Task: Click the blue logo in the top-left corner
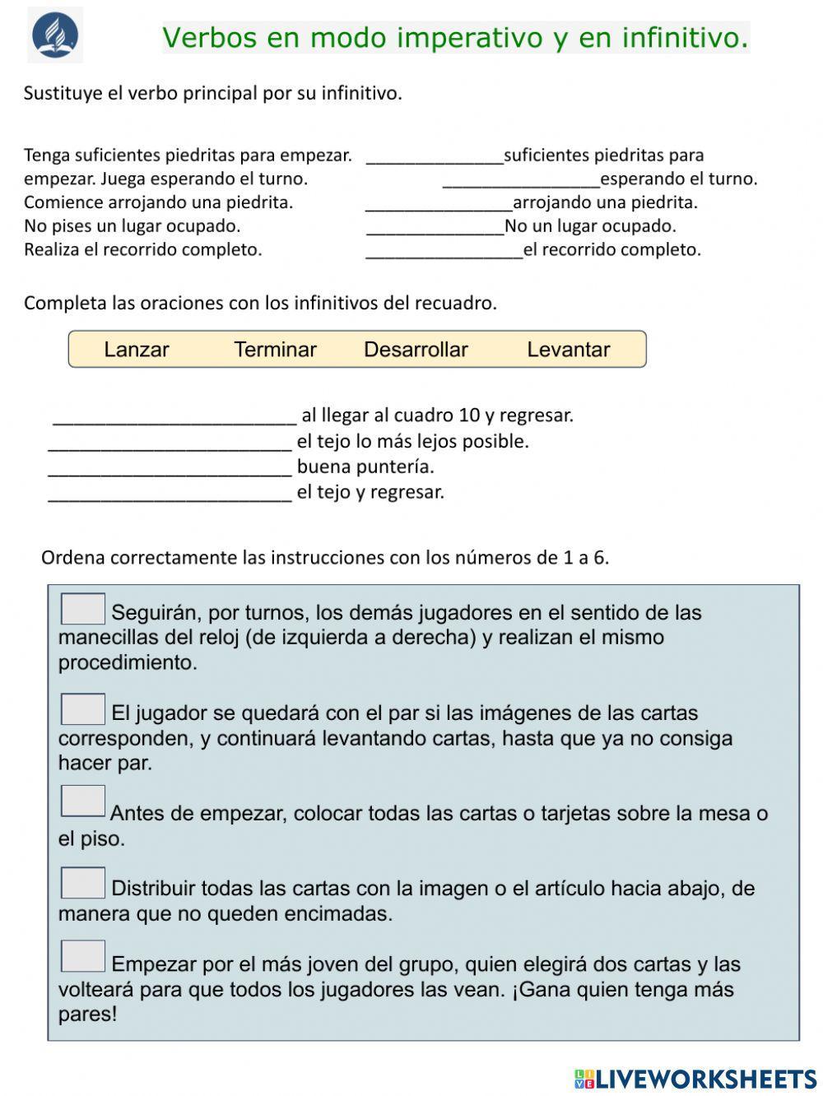pyautogui.click(x=55, y=35)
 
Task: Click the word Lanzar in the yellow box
pyautogui.click(x=137, y=350)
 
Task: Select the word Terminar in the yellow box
pyautogui.click(x=275, y=350)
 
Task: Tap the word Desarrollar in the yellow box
pyautogui.click(x=416, y=350)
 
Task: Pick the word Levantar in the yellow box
pyautogui.click(x=568, y=350)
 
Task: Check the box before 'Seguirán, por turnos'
pyautogui.click(x=83, y=610)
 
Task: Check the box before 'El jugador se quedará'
pyautogui.click(x=83, y=709)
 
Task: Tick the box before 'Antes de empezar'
pyautogui.click(x=83, y=801)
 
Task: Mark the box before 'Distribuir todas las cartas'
pyautogui.click(x=83, y=883)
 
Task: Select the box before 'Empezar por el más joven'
pyautogui.click(x=83, y=956)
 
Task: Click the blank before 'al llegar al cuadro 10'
pyautogui.click(x=174, y=416)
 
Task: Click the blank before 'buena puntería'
pyautogui.click(x=170, y=467)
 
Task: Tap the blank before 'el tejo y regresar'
pyautogui.click(x=170, y=493)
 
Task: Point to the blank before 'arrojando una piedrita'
pyautogui.click(x=439, y=203)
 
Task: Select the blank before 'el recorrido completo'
pyautogui.click(x=444, y=250)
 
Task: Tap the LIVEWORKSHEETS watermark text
pyautogui.click(x=705, y=1079)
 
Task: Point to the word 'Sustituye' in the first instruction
pyautogui.click(x=62, y=93)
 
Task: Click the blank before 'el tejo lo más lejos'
pyautogui.click(x=170, y=442)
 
